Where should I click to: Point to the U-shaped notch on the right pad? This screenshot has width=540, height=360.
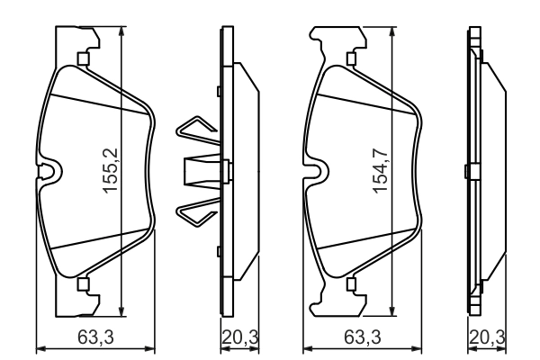coord(316,170)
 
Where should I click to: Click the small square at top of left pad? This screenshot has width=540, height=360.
coord(83,60)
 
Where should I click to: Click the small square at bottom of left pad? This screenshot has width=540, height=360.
coord(83,285)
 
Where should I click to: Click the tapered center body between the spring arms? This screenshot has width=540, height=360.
coord(202,172)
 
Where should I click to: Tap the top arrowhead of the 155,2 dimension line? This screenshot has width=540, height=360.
coord(121,30)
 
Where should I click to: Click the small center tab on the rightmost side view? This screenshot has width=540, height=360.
coord(465,172)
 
